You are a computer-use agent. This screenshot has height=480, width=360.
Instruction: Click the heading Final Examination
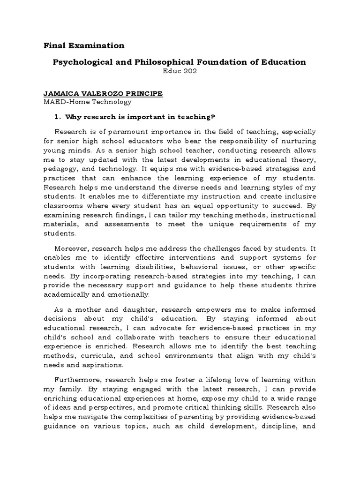(x=84, y=45)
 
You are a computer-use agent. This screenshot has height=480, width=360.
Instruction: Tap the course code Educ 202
(x=178, y=71)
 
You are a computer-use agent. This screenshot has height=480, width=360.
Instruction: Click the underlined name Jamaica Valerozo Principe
(x=103, y=94)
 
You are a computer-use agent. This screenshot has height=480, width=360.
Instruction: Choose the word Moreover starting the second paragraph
(x=71, y=248)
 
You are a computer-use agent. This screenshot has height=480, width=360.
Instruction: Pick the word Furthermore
(x=76, y=379)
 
